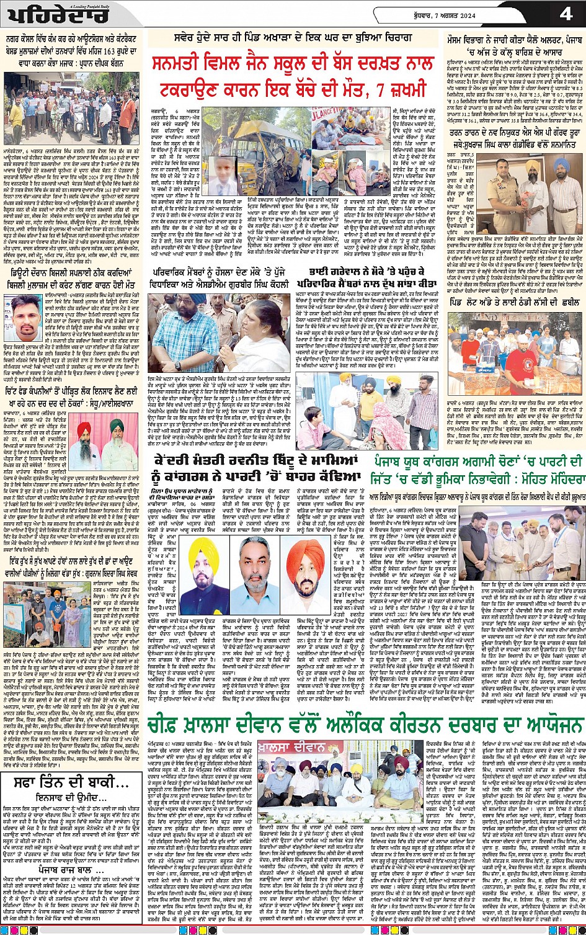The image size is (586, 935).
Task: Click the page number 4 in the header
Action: click(x=565, y=14)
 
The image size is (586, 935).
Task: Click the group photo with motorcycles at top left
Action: click(x=73, y=99)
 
